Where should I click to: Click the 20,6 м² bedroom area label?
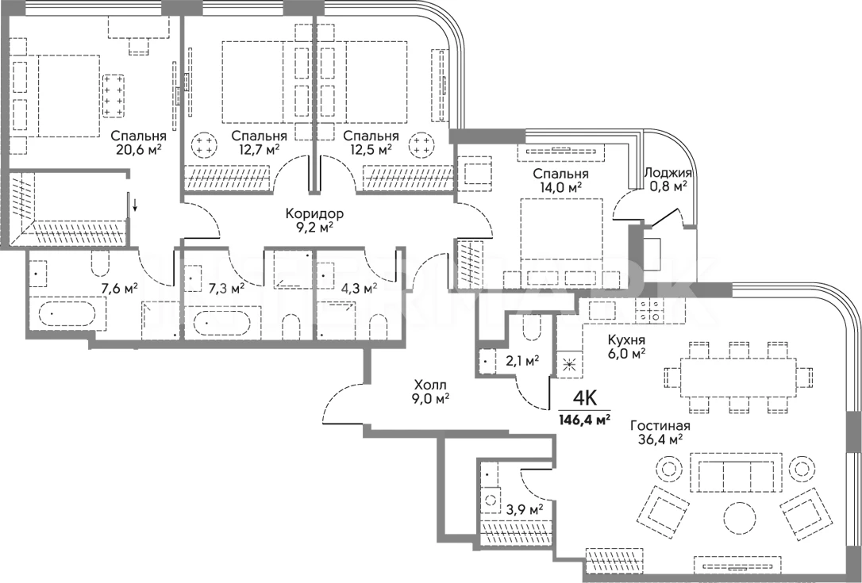coord(139,149)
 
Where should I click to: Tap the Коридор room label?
coord(314,213)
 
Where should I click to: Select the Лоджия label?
coord(668,173)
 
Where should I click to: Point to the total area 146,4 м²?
coord(585,421)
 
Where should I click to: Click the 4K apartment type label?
coord(585,397)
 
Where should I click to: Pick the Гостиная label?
coord(660,426)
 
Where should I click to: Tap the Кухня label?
coord(626,340)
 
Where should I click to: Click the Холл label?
coord(430,384)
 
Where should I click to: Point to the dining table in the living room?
coord(738,378)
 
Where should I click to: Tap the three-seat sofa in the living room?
coord(736,474)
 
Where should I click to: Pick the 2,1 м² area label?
coord(522,360)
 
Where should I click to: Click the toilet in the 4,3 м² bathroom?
coord(378,328)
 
